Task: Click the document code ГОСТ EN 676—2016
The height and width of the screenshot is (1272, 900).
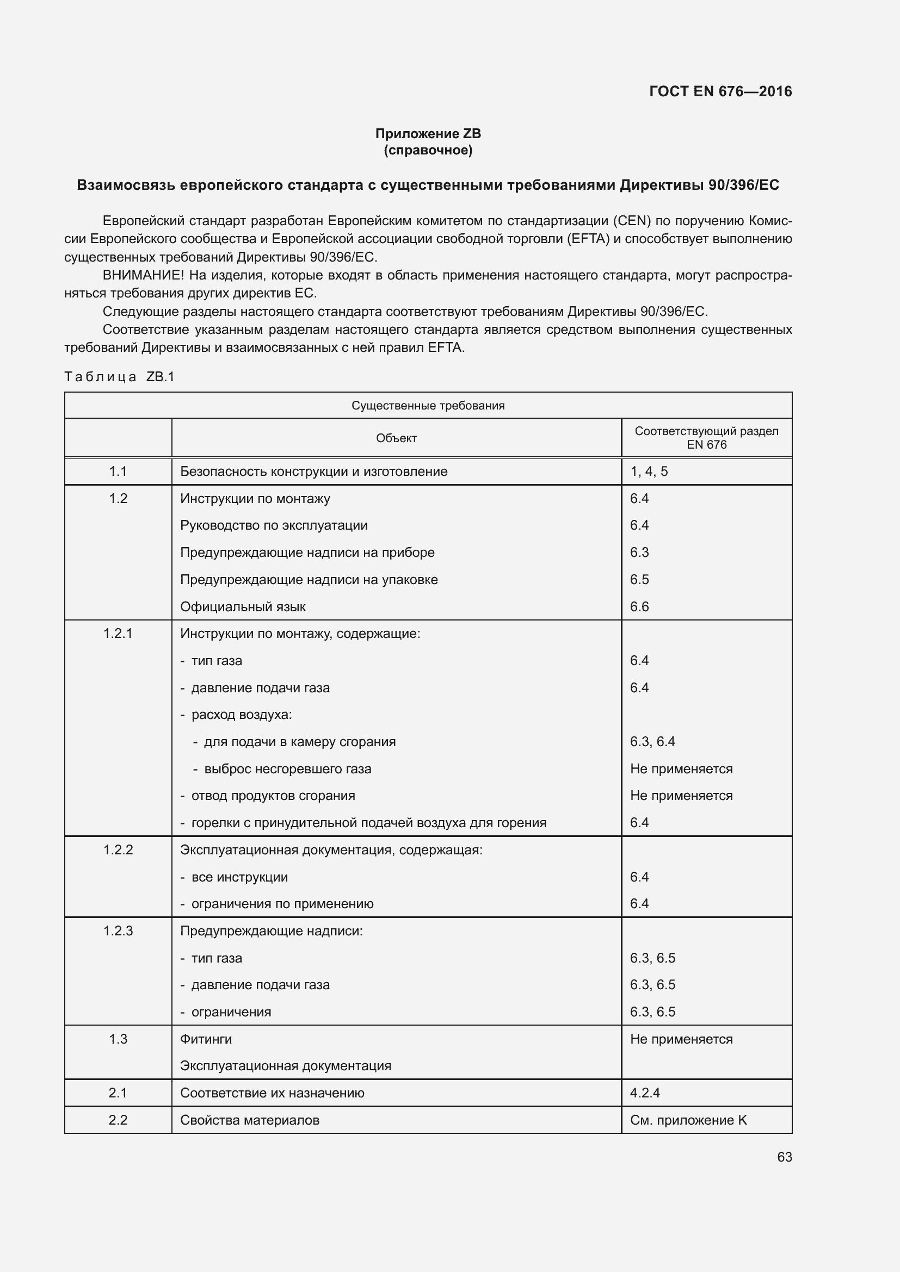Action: pyautogui.click(x=720, y=91)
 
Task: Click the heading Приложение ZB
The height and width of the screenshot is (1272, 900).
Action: pyautogui.click(x=428, y=134)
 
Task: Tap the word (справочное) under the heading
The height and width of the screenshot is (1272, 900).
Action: pyautogui.click(x=428, y=150)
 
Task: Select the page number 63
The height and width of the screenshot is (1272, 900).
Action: pyautogui.click(x=784, y=1157)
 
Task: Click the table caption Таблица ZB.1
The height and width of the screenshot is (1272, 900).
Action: pyautogui.click(x=119, y=377)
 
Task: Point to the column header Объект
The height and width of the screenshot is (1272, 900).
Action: pyautogui.click(x=396, y=438)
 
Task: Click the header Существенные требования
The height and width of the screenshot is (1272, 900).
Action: pyautogui.click(x=428, y=406)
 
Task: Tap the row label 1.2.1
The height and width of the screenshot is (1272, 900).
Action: pyautogui.click(x=118, y=634)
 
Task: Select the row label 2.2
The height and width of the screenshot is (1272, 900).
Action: pyautogui.click(x=118, y=1120)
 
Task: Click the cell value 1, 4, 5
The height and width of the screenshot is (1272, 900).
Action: pyautogui.click(x=649, y=471)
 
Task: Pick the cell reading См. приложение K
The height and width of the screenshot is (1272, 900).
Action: pyautogui.click(x=688, y=1120)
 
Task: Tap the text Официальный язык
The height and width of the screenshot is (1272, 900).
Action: pyautogui.click(x=243, y=607)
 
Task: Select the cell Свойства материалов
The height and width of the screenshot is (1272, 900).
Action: pyautogui.click(x=249, y=1120)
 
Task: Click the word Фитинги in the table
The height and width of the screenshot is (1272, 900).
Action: pyautogui.click(x=206, y=1039)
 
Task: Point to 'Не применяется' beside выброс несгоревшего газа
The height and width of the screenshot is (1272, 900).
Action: pyautogui.click(x=681, y=769)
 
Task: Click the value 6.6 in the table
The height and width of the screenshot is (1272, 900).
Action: pyautogui.click(x=639, y=607)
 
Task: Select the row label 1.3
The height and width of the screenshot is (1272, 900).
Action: pyautogui.click(x=118, y=1039)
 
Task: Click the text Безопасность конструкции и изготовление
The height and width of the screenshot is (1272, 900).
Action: pyautogui.click(x=313, y=471)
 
